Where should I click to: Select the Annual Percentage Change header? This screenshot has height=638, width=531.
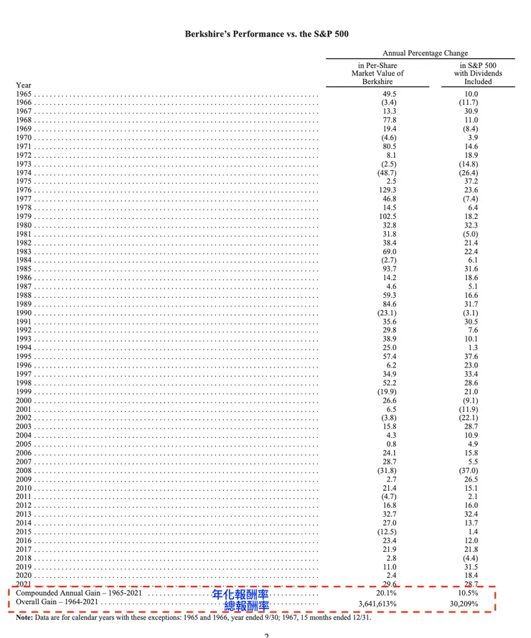coord(425,53)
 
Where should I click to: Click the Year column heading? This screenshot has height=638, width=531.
coord(23,85)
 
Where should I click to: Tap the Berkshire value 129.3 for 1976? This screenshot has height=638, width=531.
coord(387,190)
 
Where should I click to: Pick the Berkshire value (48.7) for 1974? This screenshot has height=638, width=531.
coord(387,173)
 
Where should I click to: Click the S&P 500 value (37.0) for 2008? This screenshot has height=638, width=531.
coord(470,471)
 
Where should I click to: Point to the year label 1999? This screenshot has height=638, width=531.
coord(24,392)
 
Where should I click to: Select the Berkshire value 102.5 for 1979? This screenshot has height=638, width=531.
coord(387,217)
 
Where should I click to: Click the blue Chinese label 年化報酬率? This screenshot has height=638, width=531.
coord(240,595)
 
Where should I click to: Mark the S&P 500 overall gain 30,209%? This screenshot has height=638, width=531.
coord(469,604)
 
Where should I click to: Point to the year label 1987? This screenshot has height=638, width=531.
coord(24,286)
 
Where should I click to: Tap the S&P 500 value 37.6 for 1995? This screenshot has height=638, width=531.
coord(471,357)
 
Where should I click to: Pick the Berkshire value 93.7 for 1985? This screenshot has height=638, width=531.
coord(389,269)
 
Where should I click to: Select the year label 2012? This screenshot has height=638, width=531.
coord(24,505)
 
